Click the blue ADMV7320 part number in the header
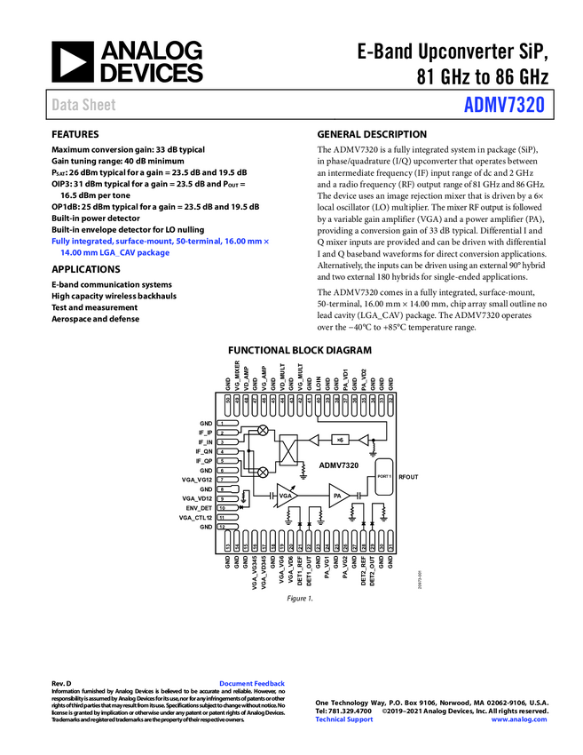505,105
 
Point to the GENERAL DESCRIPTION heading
371,134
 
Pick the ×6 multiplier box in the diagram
340,440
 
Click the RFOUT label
408,478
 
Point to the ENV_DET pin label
199,508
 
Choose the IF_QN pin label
203,451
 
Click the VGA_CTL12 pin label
195,518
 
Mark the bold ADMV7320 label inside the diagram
338,465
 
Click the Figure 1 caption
299,599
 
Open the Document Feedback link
251,684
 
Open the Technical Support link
344,719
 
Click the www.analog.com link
519,719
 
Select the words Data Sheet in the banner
83,105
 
